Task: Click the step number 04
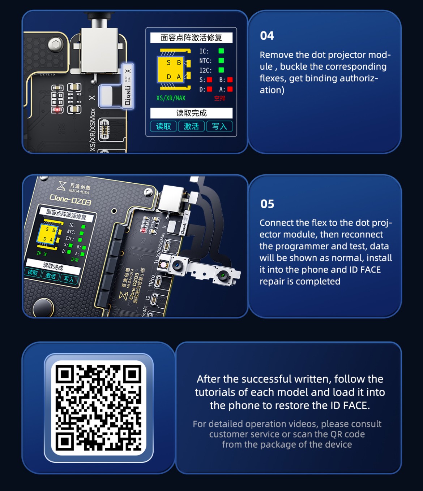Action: click(267, 36)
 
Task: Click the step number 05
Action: click(267, 204)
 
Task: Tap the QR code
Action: click(99, 408)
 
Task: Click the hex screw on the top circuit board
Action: click(55, 45)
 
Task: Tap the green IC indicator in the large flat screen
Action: click(221, 51)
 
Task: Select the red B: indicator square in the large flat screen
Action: click(230, 80)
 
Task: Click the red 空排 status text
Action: click(219, 98)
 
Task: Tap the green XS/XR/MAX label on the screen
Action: click(171, 98)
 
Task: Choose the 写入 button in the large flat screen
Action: click(219, 126)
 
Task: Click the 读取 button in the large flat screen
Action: click(163, 126)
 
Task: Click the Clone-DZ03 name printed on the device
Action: click(70, 200)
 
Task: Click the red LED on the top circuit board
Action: click(57, 109)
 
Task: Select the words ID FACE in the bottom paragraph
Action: click(350, 405)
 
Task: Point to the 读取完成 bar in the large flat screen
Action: click(191, 113)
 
